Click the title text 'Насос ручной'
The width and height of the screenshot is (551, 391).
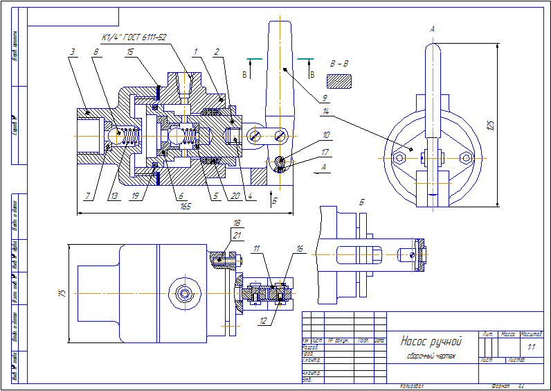click(x=431, y=341)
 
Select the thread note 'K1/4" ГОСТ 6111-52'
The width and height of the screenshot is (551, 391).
click(x=134, y=37)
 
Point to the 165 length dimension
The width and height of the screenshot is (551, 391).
click(x=185, y=206)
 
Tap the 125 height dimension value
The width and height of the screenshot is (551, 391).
click(x=491, y=125)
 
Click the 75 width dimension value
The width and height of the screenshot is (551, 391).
click(x=61, y=293)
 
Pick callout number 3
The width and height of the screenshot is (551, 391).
click(x=73, y=51)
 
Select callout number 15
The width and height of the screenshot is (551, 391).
click(x=130, y=51)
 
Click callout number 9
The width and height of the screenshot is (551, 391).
click(x=325, y=98)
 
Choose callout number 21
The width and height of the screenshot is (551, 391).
click(x=237, y=236)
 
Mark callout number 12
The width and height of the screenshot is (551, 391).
click(x=264, y=321)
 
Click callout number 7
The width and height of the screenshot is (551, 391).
click(x=87, y=196)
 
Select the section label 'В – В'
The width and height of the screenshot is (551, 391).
click(x=340, y=64)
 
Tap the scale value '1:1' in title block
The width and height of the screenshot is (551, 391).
click(x=531, y=346)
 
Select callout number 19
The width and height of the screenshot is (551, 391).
click(x=134, y=196)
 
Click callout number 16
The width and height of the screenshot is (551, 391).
click(x=300, y=247)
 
